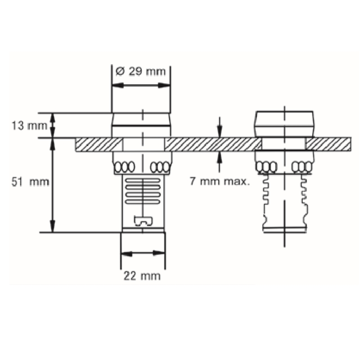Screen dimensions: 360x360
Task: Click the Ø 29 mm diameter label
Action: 140,72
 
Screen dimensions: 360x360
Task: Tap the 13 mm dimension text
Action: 29,126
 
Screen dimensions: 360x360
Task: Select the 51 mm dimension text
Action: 30,182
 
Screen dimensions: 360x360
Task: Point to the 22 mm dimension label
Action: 142,276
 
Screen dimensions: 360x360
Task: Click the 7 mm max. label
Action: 220,181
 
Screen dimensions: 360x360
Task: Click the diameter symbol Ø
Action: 120,72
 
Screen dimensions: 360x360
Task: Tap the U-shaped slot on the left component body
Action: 143,221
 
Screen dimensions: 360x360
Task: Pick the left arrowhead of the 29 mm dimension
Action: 117,85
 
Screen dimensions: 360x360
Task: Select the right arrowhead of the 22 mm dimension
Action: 159,253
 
